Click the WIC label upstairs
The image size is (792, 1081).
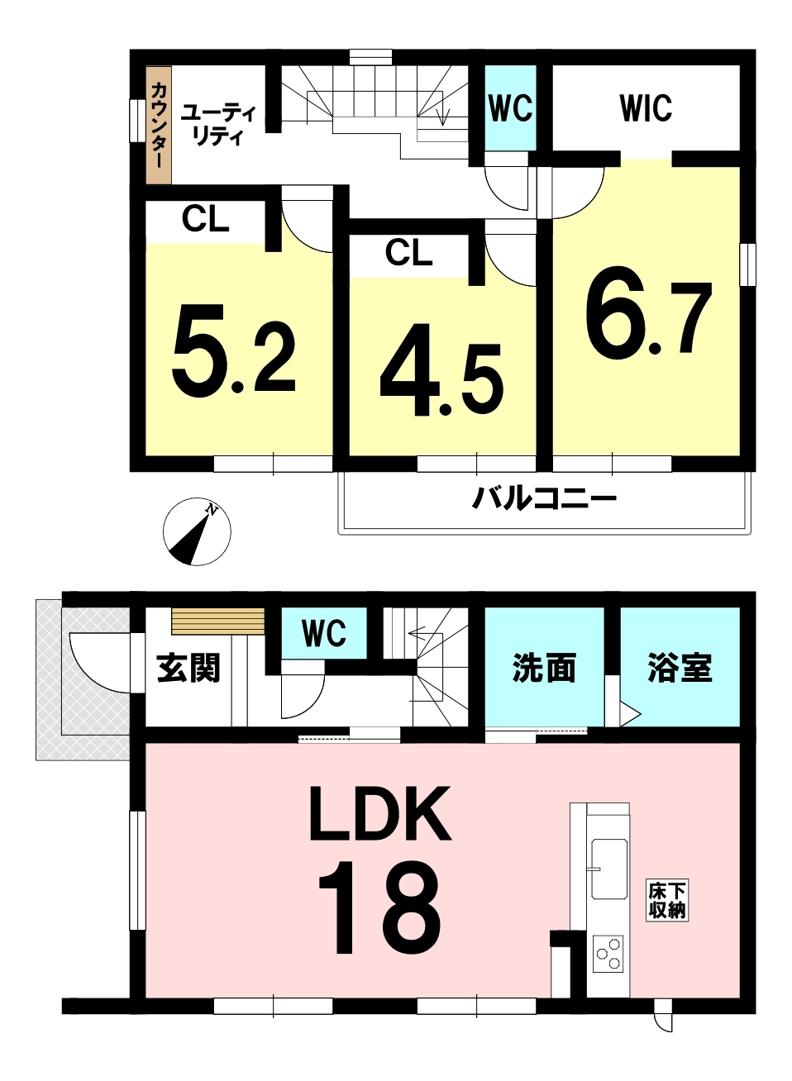pos(646,108)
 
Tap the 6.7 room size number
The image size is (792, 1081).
pos(648,321)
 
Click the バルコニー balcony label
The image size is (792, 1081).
pos(544,499)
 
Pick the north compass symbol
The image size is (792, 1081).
pos(197,531)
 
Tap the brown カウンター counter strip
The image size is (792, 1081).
pos(159,125)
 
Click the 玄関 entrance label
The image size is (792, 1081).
pos(188,668)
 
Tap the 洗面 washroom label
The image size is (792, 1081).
pos(544,668)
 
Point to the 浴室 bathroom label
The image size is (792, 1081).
pos(680,668)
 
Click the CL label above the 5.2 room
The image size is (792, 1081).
pos(205,219)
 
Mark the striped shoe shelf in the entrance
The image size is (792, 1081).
pos(218,621)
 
